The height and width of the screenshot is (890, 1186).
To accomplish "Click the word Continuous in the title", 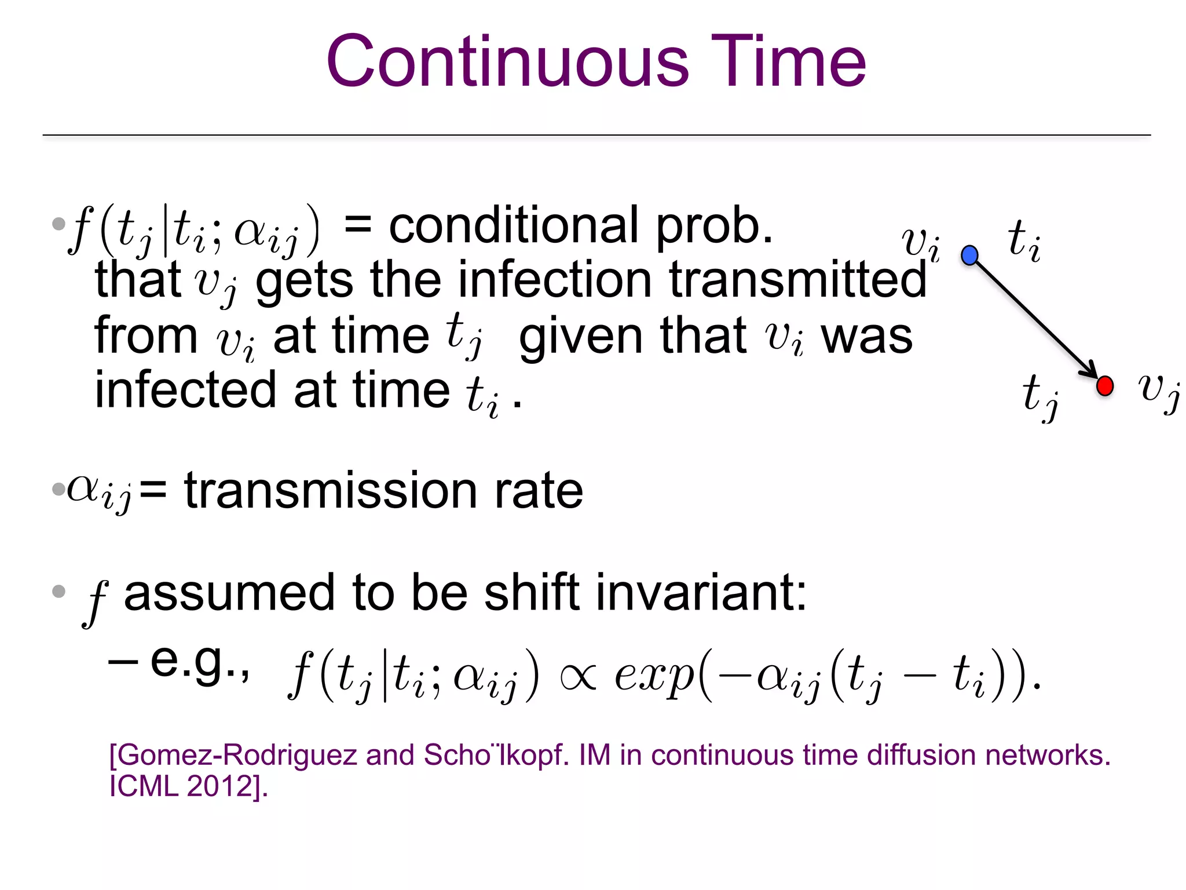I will [x=507, y=61].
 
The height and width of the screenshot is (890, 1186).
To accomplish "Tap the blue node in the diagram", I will [x=969, y=255].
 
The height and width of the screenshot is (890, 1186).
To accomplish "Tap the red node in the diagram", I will [x=1105, y=385].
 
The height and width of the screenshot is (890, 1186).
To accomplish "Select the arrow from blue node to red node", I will [x=1037, y=320].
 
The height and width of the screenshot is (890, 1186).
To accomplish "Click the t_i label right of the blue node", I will [x=1024, y=241].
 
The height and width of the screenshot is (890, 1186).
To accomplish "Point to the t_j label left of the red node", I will [x=1040, y=396].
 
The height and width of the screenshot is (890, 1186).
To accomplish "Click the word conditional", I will [x=514, y=226].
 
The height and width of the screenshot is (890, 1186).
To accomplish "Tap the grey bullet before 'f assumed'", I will [x=58, y=592].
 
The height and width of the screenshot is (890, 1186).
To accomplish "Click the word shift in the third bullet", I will [x=532, y=593].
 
